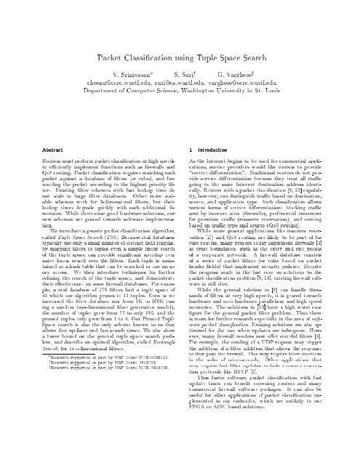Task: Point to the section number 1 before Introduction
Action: tap(189, 125)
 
